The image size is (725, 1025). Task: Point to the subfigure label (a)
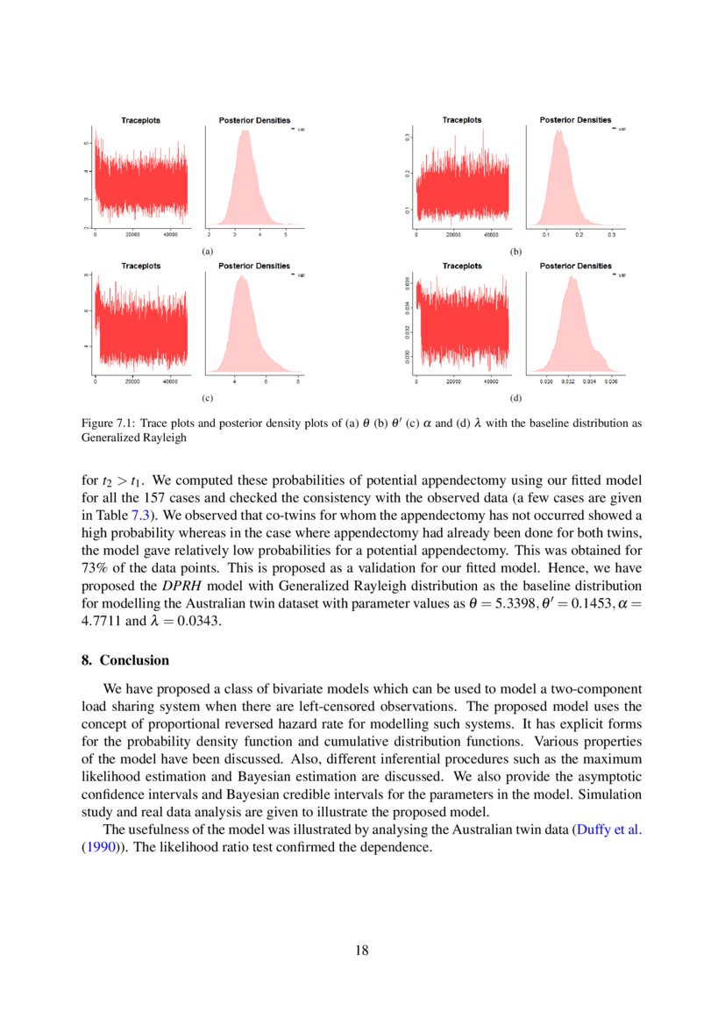(208, 251)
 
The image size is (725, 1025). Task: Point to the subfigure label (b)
(515, 251)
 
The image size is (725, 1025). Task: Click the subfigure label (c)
(208, 398)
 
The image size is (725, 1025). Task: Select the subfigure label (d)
(515, 398)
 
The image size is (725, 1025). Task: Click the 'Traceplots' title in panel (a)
(140, 120)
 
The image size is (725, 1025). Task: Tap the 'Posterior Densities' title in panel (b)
(575, 120)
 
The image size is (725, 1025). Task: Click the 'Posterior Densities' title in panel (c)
(254, 266)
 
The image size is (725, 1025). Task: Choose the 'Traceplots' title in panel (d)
(461, 266)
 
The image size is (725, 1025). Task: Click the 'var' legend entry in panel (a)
(300, 129)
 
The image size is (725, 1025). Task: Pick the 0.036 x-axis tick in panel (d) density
(611, 382)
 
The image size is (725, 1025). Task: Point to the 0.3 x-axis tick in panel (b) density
(612, 235)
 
